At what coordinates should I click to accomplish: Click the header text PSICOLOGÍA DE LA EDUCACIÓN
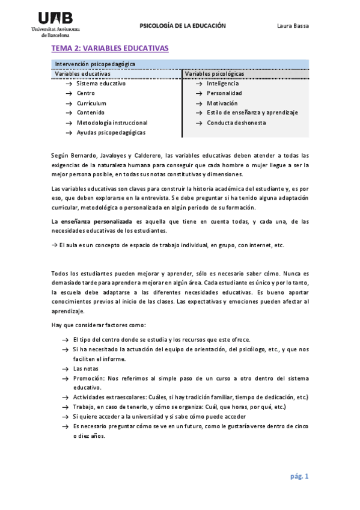[183, 26]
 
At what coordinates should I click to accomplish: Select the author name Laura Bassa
[292, 26]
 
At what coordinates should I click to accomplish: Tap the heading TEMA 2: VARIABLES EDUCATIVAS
[109, 48]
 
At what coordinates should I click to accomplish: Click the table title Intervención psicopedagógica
[95, 64]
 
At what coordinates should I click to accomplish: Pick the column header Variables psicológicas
[215, 74]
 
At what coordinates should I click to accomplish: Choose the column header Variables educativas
[82, 74]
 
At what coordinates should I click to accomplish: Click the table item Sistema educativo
[101, 84]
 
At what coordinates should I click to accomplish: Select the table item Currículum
[91, 103]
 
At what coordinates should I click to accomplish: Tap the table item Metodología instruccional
[112, 123]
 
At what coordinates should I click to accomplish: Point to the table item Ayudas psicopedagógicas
[111, 132]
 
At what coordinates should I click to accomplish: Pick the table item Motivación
[222, 103]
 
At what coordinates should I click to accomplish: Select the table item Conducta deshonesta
[236, 123]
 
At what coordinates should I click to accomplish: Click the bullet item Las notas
[86, 369]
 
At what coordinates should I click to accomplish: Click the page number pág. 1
[299, 476]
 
